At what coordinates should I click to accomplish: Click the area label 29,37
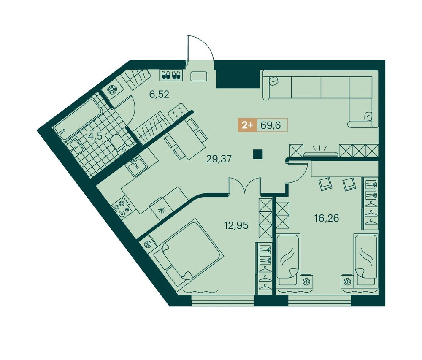219,159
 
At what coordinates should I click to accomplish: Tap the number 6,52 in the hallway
160,95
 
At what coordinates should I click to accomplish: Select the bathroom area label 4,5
95,136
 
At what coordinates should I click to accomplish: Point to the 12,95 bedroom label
236,225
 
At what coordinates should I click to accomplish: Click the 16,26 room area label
327,218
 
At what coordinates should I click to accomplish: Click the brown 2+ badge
247,125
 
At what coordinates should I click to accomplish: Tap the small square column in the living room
258,154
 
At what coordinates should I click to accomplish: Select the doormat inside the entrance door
199,76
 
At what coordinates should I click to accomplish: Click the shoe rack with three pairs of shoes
171,75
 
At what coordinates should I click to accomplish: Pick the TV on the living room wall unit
321,154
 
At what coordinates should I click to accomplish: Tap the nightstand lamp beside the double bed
147,244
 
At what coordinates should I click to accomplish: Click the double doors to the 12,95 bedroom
245,185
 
